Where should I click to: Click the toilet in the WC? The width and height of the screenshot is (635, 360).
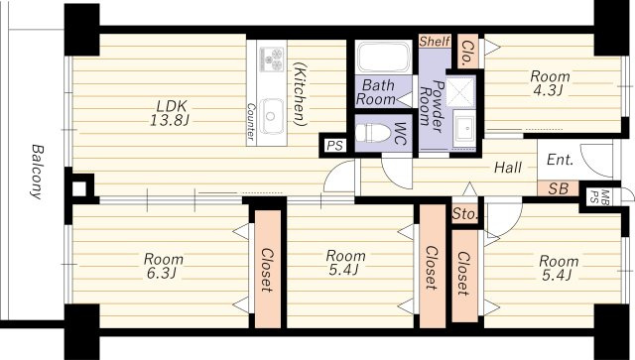pyautogui.click(x=372, y=133)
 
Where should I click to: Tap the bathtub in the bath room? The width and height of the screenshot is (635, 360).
pyautogui.click(x=383, y=58)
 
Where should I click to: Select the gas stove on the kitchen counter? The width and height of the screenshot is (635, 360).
pyautogui.click(x=271, y=59)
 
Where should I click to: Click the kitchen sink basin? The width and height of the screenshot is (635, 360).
pyautogui.click(x=271, y=116)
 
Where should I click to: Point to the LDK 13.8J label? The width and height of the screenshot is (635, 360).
pyautogui.click(x=170, y=113)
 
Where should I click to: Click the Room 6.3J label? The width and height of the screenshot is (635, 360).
pyautogui.click(x=163, y=266)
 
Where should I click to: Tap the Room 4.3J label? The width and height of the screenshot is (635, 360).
pyautogui.click(x=550, y=83)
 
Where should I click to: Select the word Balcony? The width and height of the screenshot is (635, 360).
pyautogui.click(x=37, y=172)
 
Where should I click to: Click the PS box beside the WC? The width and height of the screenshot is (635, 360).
pyautogui.click(x=335, y=146)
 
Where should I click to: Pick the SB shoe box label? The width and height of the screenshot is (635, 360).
pyautogui.click(x=558, y=188)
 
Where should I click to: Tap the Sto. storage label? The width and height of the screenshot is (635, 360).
pyautogui.click(x=465, y=214)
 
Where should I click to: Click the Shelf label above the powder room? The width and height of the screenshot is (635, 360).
pyautogui.click(x=435, y=42)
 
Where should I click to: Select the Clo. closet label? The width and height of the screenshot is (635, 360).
pyautogui.click(x=468, y=53)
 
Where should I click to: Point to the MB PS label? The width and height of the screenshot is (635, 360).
pyautogui.click(x=598, y=196)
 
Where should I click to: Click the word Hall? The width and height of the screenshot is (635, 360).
pyautogui.click(x=508, y=168)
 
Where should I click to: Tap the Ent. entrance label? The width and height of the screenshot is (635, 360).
pyautogui.click(x=560, y=160)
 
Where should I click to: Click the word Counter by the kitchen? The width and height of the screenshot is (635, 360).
pyautogui.click(x=251, y=121)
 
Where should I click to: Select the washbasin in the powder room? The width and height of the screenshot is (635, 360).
pyautogui.click(x=464, y=128)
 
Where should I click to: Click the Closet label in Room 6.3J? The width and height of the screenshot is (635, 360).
pyautogui.click(x=267, y=270)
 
